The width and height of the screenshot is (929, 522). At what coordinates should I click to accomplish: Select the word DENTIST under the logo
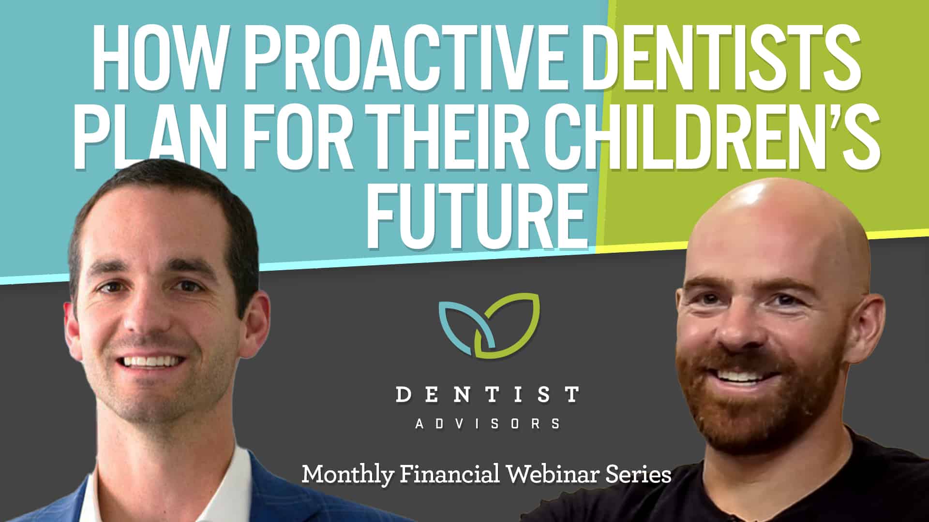pos(487,394)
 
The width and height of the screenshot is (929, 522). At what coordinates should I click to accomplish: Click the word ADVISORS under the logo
pos(487,424)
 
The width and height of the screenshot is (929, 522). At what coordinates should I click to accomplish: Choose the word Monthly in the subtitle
pos(347,475)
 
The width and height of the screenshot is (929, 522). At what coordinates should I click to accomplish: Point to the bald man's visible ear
pos(869,333)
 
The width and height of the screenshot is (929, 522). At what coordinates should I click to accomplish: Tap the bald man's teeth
pos(740,376)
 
